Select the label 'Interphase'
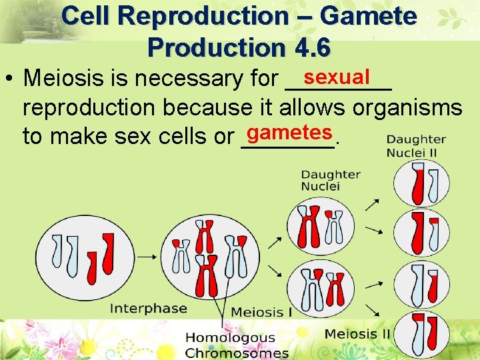(148, 308)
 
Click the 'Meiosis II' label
(357, 333)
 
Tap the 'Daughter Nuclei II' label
(416, 146)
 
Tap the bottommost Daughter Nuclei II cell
(416, 333)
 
